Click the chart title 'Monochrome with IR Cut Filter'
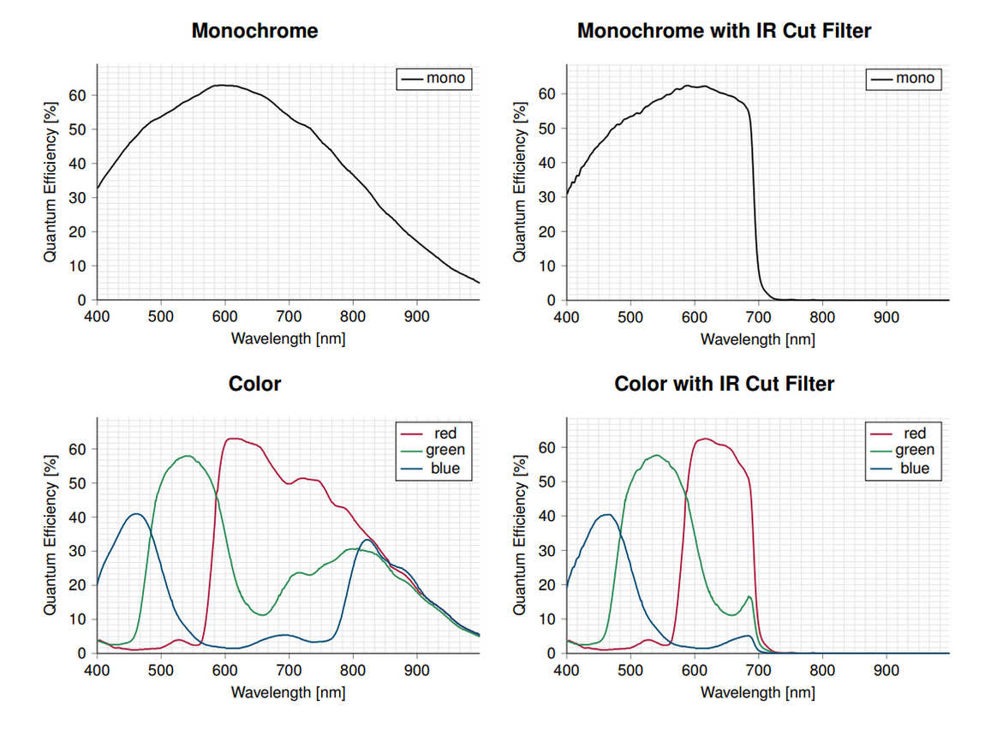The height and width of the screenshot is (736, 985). coord(724,32)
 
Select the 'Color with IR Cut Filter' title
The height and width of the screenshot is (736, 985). coord(724,384)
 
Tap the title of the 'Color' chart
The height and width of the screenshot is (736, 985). coord(254,384)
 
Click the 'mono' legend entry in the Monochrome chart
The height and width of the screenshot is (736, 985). coord(435,78)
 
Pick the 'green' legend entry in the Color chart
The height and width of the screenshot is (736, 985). coord(435,451)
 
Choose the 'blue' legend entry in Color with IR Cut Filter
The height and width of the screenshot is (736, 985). coord(904,469)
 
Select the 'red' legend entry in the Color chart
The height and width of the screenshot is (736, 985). coord(435,434)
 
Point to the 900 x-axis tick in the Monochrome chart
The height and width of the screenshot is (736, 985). coord(417,315)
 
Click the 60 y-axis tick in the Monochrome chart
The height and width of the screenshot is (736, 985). coord(81,94)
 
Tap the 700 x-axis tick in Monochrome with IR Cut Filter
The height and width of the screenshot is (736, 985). coord(758,315)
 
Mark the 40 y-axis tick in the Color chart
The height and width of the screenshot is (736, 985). coord(81,517)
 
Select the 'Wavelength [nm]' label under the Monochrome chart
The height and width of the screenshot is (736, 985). coord(288,338)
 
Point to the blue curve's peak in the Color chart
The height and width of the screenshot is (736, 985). coord(136,513)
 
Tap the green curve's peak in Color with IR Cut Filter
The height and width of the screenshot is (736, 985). coord(657,455)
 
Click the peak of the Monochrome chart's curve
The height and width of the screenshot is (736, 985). coord(222,85)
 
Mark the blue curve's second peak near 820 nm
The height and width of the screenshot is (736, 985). coord(367,540)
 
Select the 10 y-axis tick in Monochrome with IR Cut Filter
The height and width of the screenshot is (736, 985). coord(551,266)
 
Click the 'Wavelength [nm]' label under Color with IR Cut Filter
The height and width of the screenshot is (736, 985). coord(757,691)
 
